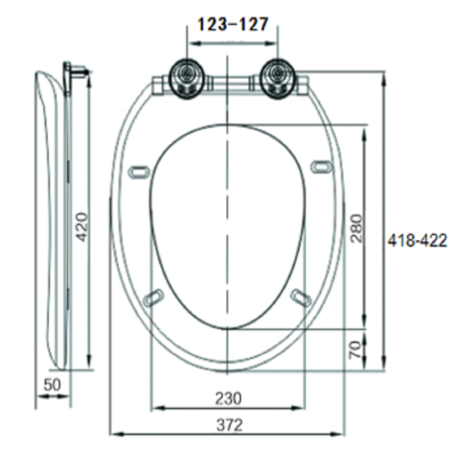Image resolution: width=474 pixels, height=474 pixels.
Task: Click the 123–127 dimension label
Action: pyautogui.click(x=234, y=24)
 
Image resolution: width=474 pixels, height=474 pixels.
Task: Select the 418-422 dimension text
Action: pyautogui.click(x=418, y=241)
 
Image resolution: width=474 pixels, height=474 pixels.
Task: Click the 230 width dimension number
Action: pyautogui.click(x=228, y=399)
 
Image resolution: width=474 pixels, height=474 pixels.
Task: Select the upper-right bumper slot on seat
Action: pyautogui.click(x=321, y=166)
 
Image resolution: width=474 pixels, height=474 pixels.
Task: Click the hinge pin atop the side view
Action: pyautogui.click(x=76, y=71)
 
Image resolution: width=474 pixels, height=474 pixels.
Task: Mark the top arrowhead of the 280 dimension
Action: pyautogui.click(x=364, y=129)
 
